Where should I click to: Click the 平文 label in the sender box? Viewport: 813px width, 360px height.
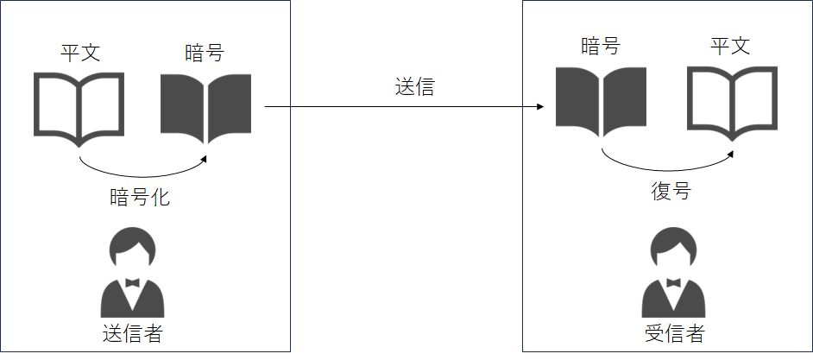(80, 54)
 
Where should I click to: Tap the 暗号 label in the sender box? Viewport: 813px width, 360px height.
(205, 54)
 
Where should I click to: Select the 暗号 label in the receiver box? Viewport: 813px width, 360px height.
(601, 47)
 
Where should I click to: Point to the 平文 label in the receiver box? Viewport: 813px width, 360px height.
(730, 47)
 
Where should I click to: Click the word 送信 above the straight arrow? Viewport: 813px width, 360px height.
(415, 87)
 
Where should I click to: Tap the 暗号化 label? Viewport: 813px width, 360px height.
(140, 198)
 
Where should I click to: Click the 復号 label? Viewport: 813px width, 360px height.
(671, 191)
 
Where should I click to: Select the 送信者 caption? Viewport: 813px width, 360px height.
(133, 333)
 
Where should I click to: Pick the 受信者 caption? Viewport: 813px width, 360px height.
(675, 333)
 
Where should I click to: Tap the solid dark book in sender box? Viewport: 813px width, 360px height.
(206, 109)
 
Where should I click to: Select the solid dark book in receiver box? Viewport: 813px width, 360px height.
(601, 102)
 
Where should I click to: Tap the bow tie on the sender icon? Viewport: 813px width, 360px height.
(132, 282)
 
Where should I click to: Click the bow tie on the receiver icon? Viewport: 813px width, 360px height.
(673, 282)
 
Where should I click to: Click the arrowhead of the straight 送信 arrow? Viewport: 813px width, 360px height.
(540, 107)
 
